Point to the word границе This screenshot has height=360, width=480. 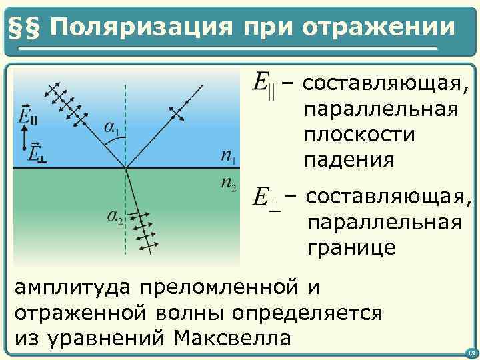click(351, 248)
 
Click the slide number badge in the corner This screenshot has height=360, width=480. click(470, 352)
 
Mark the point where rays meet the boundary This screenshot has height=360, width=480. click(126, 167)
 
